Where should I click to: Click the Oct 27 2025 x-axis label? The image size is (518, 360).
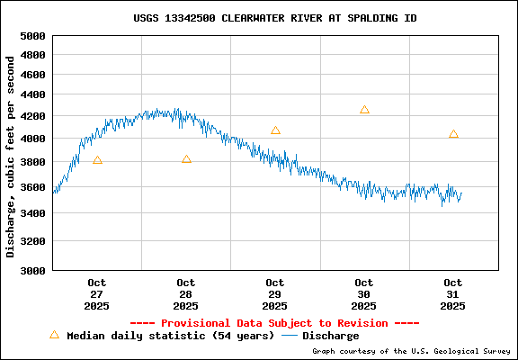(97, 294)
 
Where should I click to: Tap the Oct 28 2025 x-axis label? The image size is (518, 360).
(186, 294)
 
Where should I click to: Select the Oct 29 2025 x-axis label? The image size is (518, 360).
(275, 294)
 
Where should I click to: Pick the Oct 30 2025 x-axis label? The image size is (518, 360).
(364, 294)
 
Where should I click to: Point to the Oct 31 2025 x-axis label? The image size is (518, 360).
(453, 294)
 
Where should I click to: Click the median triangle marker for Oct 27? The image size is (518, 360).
(97, 160)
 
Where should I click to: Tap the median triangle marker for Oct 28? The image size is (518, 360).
(186, 159)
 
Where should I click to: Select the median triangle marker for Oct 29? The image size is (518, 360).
(275, 130)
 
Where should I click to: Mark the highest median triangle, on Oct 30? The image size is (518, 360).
(364, 110)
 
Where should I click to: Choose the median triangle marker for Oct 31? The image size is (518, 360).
(453, 134)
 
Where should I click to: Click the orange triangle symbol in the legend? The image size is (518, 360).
(54, 335)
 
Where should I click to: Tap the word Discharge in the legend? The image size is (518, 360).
(330, 336)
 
